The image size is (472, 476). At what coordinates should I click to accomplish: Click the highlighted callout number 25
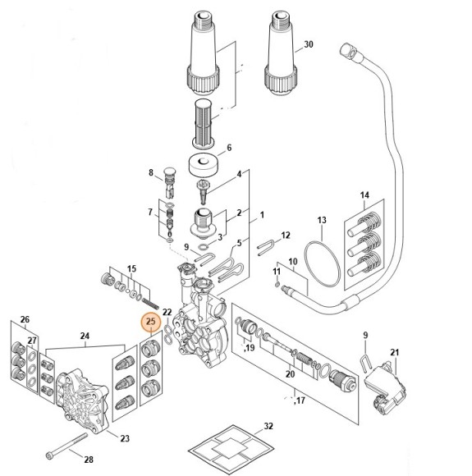(151, 322)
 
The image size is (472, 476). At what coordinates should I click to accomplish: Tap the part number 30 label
(309, 44)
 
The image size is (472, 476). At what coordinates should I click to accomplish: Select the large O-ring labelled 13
(322, 263)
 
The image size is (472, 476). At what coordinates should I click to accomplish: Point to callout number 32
(268, 426)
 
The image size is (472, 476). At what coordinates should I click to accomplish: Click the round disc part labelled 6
(204, 167)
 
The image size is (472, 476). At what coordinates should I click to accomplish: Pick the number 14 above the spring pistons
(364, 195)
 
